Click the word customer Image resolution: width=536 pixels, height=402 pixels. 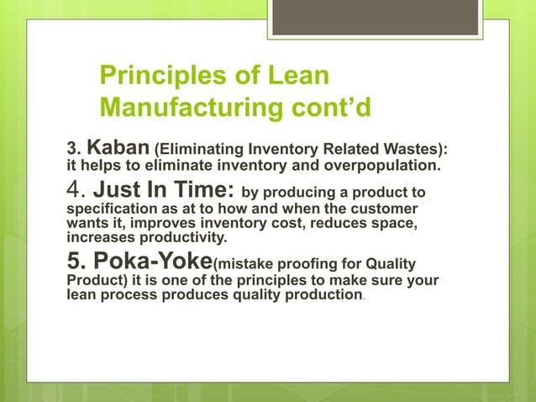[x=388, y=207]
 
